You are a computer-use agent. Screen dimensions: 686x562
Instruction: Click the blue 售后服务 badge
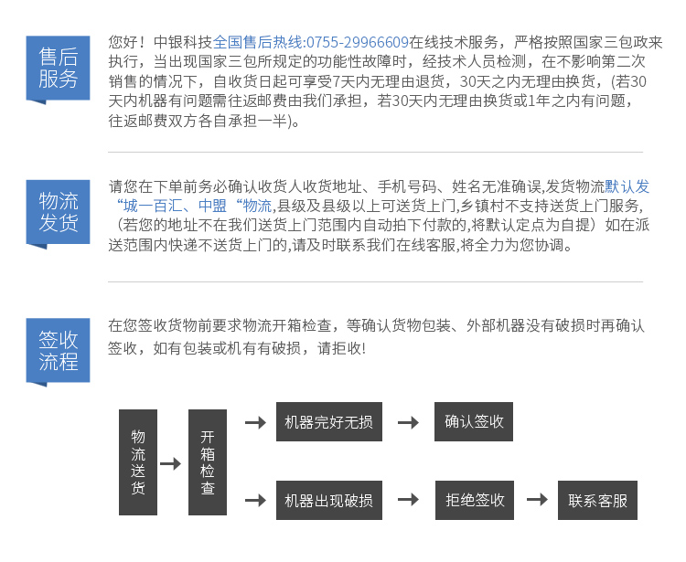(x=58, y=69)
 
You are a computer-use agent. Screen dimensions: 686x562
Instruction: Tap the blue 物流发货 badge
(x=58, y=213)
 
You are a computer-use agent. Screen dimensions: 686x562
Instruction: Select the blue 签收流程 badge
(x=58, y=351)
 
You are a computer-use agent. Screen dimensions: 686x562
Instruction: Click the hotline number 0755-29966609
(x=358, y=42)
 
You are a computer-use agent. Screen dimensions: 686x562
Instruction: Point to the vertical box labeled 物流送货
(x=138, y=461)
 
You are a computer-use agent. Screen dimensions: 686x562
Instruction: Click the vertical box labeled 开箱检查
(x=208, y=461)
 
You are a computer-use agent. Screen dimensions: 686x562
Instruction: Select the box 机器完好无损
(x=329, y=421)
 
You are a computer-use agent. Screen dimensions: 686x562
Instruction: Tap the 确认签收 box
(x=474, y=421)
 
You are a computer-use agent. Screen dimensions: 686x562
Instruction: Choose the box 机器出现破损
(x=329, y=501)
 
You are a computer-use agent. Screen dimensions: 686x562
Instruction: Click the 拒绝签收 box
(x=474, y=501)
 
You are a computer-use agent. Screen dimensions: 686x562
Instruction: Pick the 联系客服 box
(x=597, y=501)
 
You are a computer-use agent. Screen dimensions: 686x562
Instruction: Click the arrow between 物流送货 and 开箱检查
(x=171, y=463)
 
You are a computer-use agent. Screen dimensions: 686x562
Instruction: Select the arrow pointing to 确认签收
(x=408, y=422)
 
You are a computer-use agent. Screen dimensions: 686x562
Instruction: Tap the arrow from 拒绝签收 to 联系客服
(x=537, y=499)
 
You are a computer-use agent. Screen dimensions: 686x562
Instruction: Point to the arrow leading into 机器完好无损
(x=255, y=422)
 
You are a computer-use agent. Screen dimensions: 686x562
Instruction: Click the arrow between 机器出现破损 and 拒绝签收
(x=408, y=499)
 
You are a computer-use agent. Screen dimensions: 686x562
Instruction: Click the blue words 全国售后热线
(x=257, y=42)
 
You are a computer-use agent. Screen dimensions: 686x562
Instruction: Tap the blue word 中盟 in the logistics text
(x=212, y=206)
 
